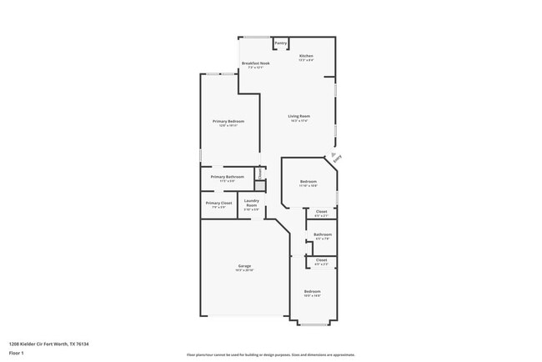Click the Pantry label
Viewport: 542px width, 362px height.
pyautogui.click(x=281, y=43)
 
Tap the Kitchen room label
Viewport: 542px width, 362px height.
pyautogui.click(x=306, y=56)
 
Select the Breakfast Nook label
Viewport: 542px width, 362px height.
pyautogui.click(x=255, y=63)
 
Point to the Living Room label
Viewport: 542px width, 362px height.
pyautogui.click(x=299, y=116)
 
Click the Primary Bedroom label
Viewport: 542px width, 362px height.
pyautogui.click(x=228, y=122)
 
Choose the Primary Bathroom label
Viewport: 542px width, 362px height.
pyautogui.click(x=227, y=177)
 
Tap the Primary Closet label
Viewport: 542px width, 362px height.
pyautogui.click(x=219, y=203)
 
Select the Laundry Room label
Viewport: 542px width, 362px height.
pyautogui.click(x=251, y=203)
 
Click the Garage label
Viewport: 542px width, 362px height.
pyautogui.click(x=243, y=266)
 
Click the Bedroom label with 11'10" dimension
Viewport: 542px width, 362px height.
pyautogui.click(x=308, y=181)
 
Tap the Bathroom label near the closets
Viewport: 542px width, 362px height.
pyautogui.click(x=323, y=234)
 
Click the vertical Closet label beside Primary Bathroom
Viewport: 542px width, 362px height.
pyautogui.click(x=259, y=174)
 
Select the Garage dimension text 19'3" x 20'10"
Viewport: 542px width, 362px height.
pyautogui.click(x=243, y=271)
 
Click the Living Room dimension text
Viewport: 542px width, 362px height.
pyautogui.click(x=299, y=121)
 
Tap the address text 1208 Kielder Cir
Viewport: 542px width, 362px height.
pyautogui.click(x=48, y=342)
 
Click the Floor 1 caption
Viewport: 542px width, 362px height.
pyautogui.click(x=16, y=352)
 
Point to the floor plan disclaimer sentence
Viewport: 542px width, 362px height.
pyautogui.click(x=270, y=354)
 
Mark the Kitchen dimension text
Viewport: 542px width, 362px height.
pyautogui.click(x=306, y=61)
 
